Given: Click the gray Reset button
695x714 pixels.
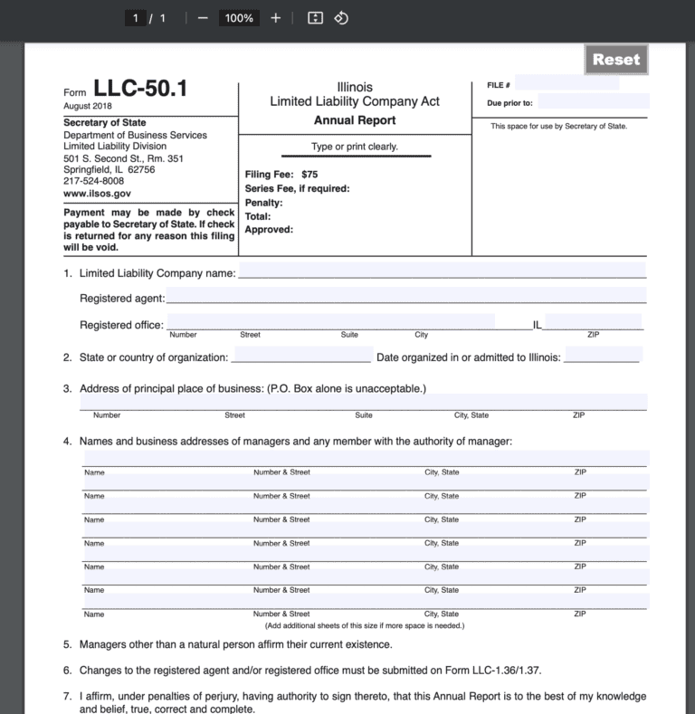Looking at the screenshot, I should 616,60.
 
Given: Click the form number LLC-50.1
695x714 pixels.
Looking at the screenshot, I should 140,89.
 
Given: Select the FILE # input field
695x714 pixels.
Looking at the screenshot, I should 566,83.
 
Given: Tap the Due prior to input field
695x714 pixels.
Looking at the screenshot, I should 594,101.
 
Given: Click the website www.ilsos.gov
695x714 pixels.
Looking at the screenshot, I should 97,193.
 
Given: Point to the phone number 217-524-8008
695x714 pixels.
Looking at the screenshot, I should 94,181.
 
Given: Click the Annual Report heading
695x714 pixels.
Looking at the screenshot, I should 355,120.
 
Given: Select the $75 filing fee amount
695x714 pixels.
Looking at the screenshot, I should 309,175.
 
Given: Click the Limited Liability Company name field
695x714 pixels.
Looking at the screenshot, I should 442,271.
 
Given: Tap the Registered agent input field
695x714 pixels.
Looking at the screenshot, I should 405,296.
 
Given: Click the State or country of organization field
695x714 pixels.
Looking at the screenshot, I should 301,355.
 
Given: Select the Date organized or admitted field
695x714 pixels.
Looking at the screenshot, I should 603,355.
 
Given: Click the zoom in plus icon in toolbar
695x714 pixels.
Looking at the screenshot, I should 276,18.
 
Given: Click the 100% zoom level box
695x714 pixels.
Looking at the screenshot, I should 239,18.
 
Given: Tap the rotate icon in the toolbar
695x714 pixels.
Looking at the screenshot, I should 341,18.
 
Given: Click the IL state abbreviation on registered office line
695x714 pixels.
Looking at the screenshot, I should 538,325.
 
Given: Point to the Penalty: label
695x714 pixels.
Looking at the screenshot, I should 264,203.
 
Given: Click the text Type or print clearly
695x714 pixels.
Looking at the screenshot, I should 355,147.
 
